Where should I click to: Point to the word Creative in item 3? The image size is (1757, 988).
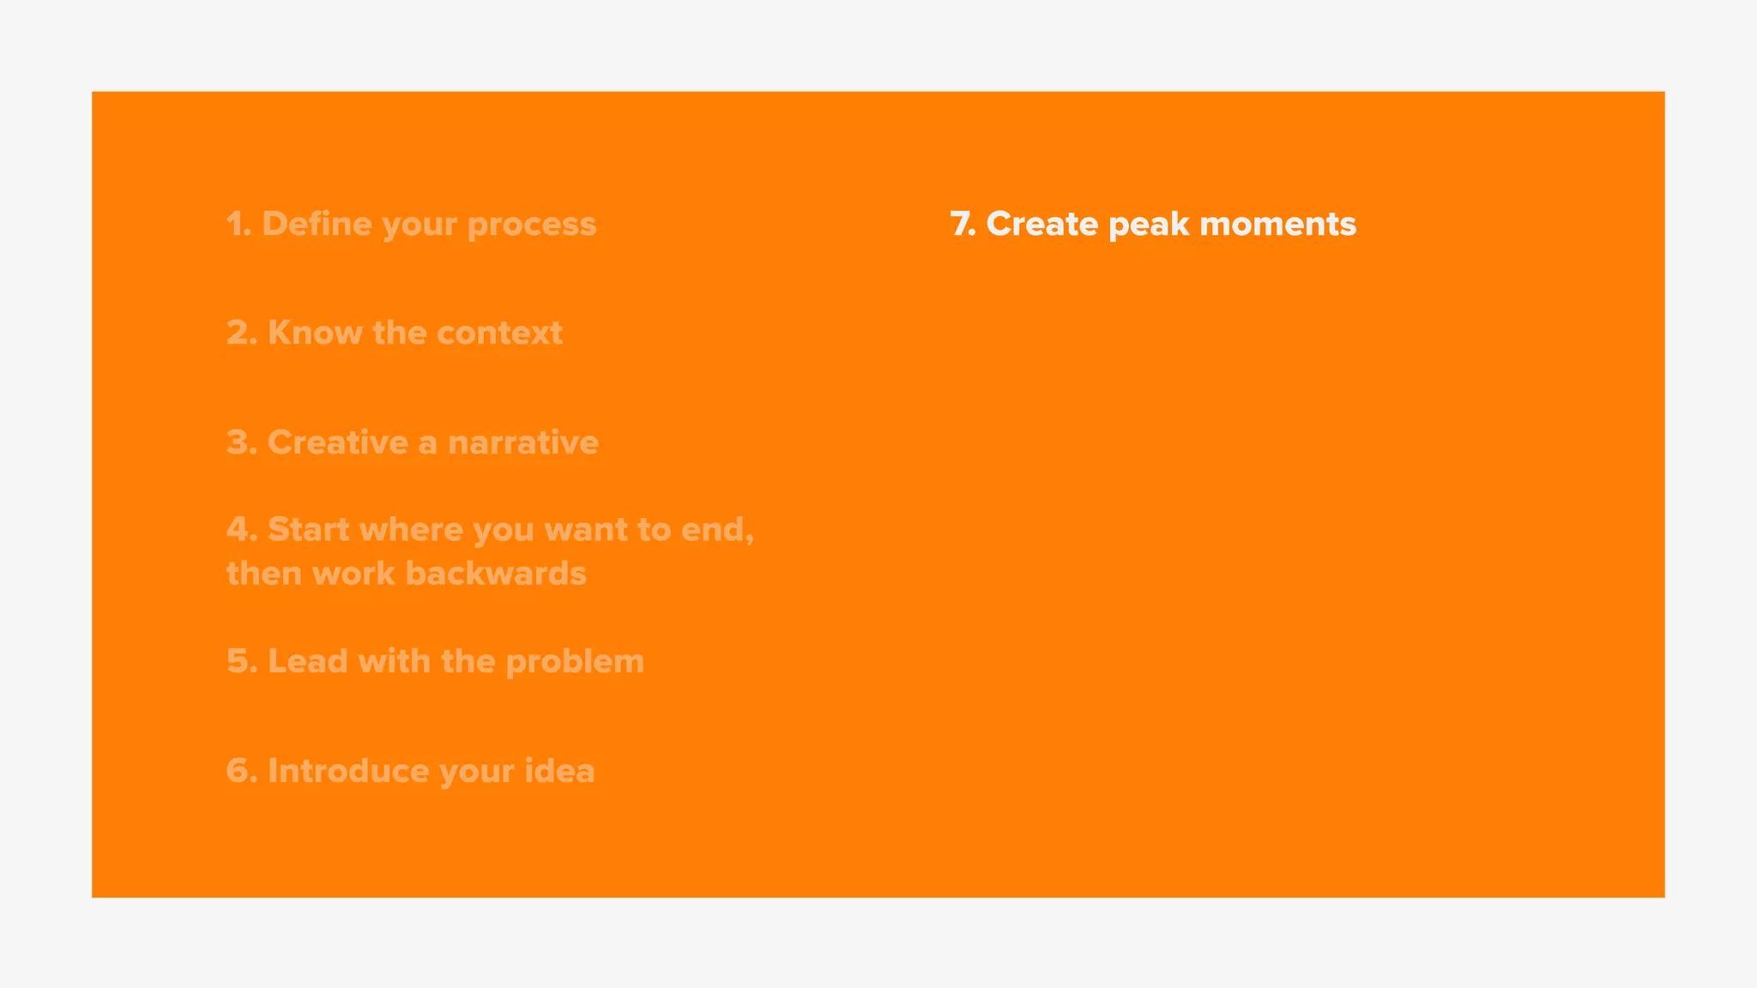click(x=338, y=443)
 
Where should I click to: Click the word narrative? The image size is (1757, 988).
click(x=523, y=443)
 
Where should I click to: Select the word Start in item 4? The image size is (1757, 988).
click(x=309, y=529)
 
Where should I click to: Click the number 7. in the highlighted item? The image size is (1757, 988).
click(x=963, y=224)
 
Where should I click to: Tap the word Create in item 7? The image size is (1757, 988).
click(x=1042, y=224)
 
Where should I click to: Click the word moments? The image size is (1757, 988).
click(x=1277, y=224)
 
